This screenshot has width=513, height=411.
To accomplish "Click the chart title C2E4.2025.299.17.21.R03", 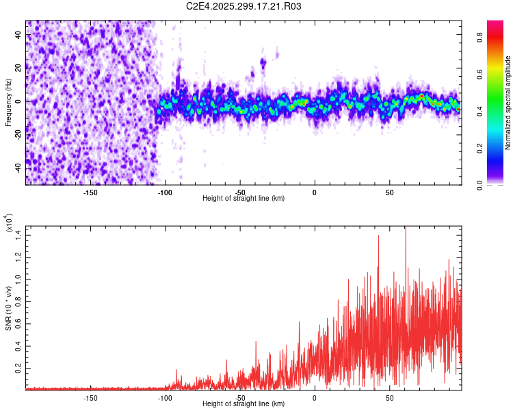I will (x=244, y=6).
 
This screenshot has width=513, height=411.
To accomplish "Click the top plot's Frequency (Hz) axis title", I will (x=8, y=102).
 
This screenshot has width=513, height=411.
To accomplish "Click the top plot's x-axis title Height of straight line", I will (x=244, y=198).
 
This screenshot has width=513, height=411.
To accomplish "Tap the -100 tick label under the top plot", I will (x=165, y=192).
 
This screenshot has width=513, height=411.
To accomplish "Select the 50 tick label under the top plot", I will (x=389, y=192).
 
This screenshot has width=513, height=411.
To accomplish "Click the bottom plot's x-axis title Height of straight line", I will (x=244, y=404).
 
